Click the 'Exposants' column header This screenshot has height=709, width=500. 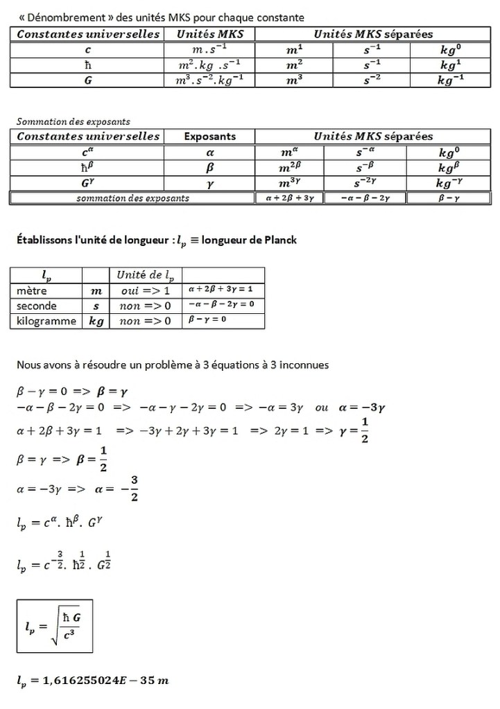point(209,137)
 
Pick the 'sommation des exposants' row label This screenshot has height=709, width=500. point(132,198)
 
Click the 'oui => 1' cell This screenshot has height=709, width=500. point(145,290)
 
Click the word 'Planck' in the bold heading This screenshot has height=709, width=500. point(278,240)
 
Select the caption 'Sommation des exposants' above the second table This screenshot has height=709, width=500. point(73,121)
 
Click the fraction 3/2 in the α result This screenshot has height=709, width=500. point(134,487)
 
